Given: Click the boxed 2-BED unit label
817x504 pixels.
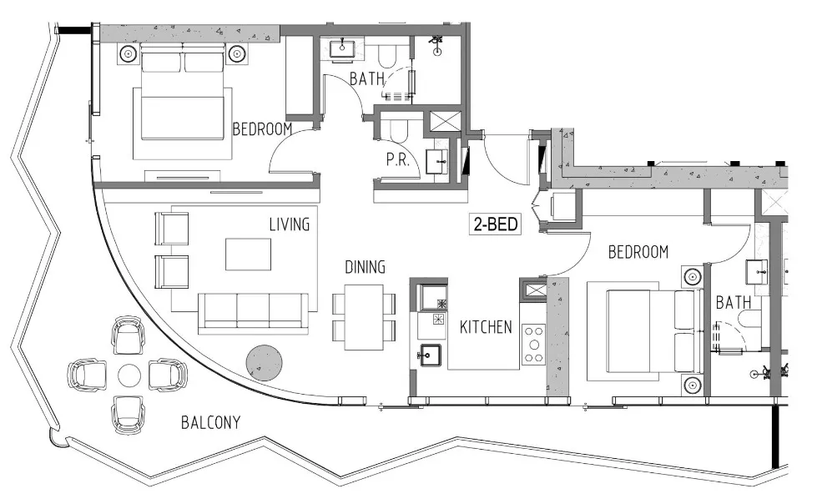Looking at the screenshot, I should [x=495, y=224].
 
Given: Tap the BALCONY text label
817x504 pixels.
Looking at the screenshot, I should [x=210, y=423].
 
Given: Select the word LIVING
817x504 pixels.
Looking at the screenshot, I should [x=289, y=224].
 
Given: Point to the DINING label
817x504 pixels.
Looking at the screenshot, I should [x=365, y=267].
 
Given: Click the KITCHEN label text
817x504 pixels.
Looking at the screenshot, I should [x=486, y=327].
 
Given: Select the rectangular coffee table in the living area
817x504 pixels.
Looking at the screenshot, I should [x=248, y=254].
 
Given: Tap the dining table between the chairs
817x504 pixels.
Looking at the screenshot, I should [x=364, y=317].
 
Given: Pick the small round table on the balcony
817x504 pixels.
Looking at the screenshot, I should [x=129, y=375].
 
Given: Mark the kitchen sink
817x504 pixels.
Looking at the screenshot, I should [x=431, y=355].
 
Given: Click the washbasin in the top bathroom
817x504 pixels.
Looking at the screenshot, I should [x=342, y=48].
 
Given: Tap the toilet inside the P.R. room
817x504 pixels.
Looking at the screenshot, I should [x=392, y=129].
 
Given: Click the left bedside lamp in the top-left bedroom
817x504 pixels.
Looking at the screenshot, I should [x=128, y=54].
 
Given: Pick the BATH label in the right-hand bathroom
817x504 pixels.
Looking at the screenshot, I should [x=733, y=302].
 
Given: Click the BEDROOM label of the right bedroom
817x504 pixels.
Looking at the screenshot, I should [x=638, y=251].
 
